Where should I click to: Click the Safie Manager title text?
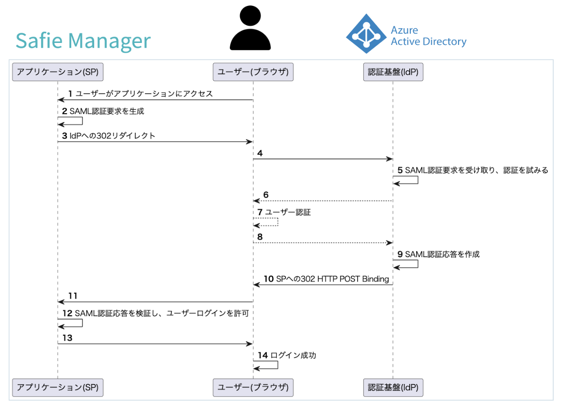[x=83, y=41]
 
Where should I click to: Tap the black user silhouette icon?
[x=250, y=28]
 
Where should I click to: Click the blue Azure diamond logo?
[x=366, y=34]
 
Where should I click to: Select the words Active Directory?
[x=429, y=41]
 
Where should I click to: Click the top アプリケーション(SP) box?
[x=58, y=72]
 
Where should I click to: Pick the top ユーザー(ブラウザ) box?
[x=253, y=72]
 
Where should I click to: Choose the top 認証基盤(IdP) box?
[x=393, y=72]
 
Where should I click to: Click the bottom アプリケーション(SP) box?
[x=58, y=387]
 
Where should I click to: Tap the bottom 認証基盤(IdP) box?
[x=393, y=387]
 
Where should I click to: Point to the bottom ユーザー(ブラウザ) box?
[x=253, y=387]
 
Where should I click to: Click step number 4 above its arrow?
[x=260, y=153]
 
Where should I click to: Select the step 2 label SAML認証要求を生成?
[x=107, y=111]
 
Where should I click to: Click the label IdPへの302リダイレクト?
[x=112, y=136]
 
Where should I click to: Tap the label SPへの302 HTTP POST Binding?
[x=332, y=279]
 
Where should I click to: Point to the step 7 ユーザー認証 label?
[x=288, y=212]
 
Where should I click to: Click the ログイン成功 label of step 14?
[x=293, y=355]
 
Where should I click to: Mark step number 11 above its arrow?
[x=73, y=296]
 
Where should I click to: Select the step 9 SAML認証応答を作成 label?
[x=442, y=254]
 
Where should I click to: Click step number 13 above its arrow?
[x=67, y=338]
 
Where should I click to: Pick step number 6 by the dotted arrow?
[x=266, y=195]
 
